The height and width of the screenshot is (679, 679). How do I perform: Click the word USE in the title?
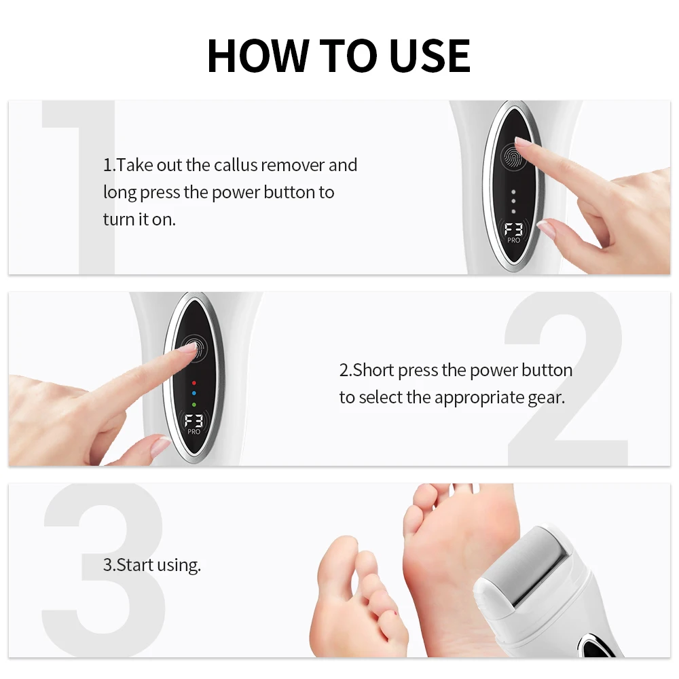pyautogui.click(x=429, y=56)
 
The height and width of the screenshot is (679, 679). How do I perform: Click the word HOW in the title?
pyautogui.click(x=258, y=56)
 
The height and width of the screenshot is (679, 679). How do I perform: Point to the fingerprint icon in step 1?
pyautogui.click(x=513, y=157)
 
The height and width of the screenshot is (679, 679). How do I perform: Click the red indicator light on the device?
pyautogui.click(x=194, y=383)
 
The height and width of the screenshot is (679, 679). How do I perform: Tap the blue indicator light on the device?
pyautogui.click(x=194, y=393)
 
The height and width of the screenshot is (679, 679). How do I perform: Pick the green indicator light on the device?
pyautogui.click(x=194, y=405)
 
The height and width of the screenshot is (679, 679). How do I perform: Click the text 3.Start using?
pyautogui.click(x=152, y=565)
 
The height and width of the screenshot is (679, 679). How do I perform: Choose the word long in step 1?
pyautogui.click(x=120, y=193)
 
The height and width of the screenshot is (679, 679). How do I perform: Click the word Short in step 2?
pyautogui.click(x=373, y=370)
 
